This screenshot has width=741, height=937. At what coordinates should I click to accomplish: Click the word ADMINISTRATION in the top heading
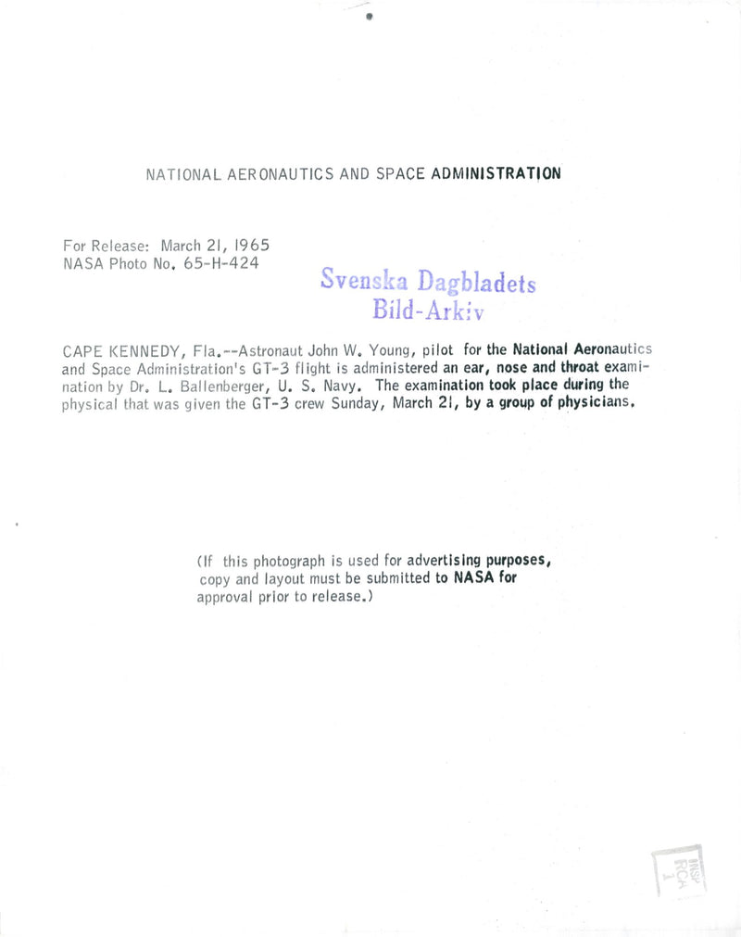pyautogui.click(x=496, y=173)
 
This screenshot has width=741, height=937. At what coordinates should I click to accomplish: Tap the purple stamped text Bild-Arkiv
pyautogui.click(x=427, y=310)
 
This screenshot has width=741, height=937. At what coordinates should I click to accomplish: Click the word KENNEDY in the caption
pyautogui.click(x=142, y=350)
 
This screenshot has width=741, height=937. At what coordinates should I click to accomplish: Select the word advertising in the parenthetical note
pyautogui.click(x=445, y=560)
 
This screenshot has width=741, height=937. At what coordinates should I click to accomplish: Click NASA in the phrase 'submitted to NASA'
pyautogui.click(x=472, y=577)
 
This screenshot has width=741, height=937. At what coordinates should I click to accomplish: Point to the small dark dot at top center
pyautogui.click(x=369, y=16)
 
